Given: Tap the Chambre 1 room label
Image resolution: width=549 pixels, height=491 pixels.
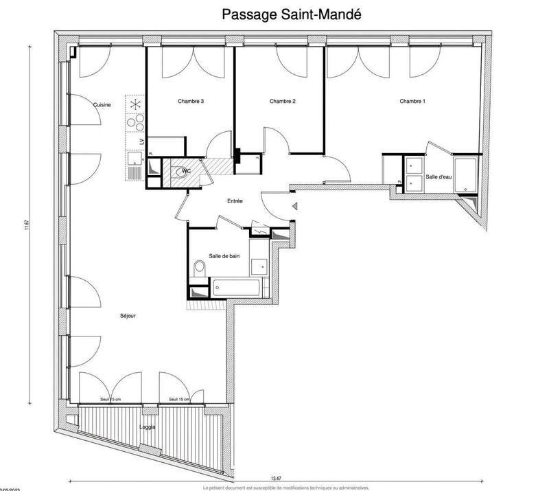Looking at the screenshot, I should point(412,102).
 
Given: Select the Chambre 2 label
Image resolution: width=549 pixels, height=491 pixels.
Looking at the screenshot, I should point(282,102).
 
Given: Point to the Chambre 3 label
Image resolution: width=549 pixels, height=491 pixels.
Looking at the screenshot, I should point(191,102).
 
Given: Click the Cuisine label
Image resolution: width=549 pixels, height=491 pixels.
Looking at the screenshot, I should point(102,104).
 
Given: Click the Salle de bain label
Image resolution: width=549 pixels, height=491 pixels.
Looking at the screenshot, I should point(224,255).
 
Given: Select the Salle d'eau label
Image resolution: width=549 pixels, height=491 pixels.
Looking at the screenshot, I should point(438,177).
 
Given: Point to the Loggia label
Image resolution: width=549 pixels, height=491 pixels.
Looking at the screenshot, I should point(147,426).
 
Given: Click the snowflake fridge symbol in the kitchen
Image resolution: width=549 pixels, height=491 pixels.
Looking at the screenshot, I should point(136,104).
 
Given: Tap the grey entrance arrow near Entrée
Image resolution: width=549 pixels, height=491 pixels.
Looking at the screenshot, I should point(294,206).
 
